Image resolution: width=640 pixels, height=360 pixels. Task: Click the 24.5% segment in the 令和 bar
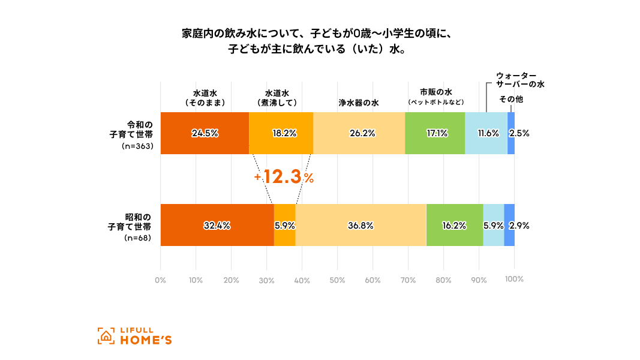[205, 133]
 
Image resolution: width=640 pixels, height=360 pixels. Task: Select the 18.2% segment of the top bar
[281, 133]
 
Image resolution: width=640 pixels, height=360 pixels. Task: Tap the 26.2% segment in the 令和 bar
[359, 133]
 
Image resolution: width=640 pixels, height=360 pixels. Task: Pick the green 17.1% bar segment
[435, 133]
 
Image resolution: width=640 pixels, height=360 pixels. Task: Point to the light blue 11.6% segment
[486, 133]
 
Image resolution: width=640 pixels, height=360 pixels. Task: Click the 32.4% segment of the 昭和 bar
[217, 226]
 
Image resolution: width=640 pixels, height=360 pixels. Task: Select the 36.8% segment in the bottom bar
[360, 226]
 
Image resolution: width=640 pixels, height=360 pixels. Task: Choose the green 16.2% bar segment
[455, 226]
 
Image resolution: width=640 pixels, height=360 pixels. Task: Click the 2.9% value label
[519, 226]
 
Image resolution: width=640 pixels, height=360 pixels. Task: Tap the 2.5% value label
[519, 134]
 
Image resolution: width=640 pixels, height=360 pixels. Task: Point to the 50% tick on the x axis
[337, 280]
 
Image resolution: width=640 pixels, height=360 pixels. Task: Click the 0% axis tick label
[160, 280]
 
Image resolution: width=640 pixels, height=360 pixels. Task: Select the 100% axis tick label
[514, 280]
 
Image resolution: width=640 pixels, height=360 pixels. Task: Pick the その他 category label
[511, 99]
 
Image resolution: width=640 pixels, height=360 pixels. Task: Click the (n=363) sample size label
[136, 146]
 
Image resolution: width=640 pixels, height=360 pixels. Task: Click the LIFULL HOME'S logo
[134, 336]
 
